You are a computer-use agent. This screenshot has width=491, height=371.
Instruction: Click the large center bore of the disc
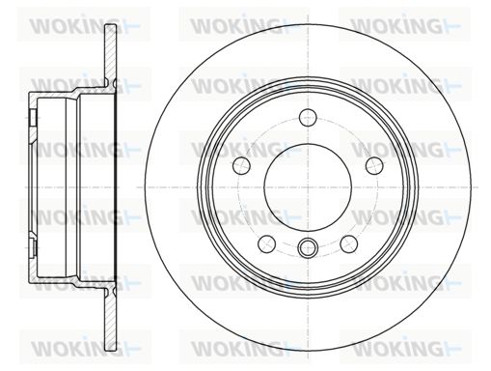(x=308, y=187)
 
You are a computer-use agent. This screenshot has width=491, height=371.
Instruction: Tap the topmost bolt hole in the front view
(x=308, y=117)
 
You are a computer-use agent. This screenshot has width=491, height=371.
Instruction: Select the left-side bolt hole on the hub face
(x=241, y=165)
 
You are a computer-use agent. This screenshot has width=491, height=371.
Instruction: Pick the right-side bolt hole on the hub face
(x=374, y=165)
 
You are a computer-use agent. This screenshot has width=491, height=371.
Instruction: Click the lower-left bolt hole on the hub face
(x=267, y=243)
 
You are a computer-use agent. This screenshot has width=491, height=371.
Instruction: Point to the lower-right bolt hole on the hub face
(x=349, y=243)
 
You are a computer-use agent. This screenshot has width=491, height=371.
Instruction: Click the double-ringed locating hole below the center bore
(x=308, y=247)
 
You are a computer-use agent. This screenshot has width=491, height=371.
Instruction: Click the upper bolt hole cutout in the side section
(x=33, y=118)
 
